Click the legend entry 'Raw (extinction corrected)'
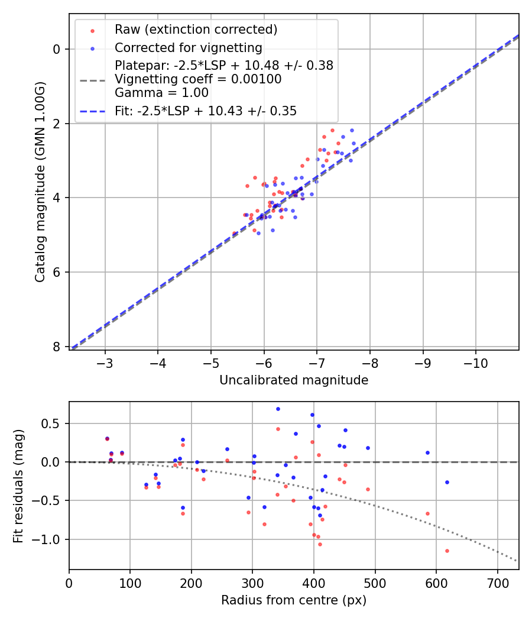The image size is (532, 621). (x=196, y=29)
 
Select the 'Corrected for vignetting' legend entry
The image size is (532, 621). (x=188, y=47)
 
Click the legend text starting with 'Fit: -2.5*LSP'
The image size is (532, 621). (x=206, y=111)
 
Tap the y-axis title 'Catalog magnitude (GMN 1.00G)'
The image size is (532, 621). (x=40, y=181)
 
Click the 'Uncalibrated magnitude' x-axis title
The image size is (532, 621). (x=294, y=380)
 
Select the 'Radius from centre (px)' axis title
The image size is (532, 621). (x=294, y=600)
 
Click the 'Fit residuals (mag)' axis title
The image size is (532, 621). (x=18, y=486)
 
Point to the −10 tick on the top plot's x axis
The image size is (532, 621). (x=475, y=361)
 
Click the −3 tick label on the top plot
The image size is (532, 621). (x=105, y=361)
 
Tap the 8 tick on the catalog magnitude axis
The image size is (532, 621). (x=57, y=347)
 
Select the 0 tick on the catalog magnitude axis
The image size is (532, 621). (x=57, y=49)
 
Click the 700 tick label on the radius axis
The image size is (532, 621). (x=497, y=583)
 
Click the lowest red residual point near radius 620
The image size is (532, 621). (x=447, y=551)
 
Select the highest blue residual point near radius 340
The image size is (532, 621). (x=278, y=409)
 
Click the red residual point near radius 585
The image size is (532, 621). (x=427, y=513)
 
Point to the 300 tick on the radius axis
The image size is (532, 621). (x=252, y=583)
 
